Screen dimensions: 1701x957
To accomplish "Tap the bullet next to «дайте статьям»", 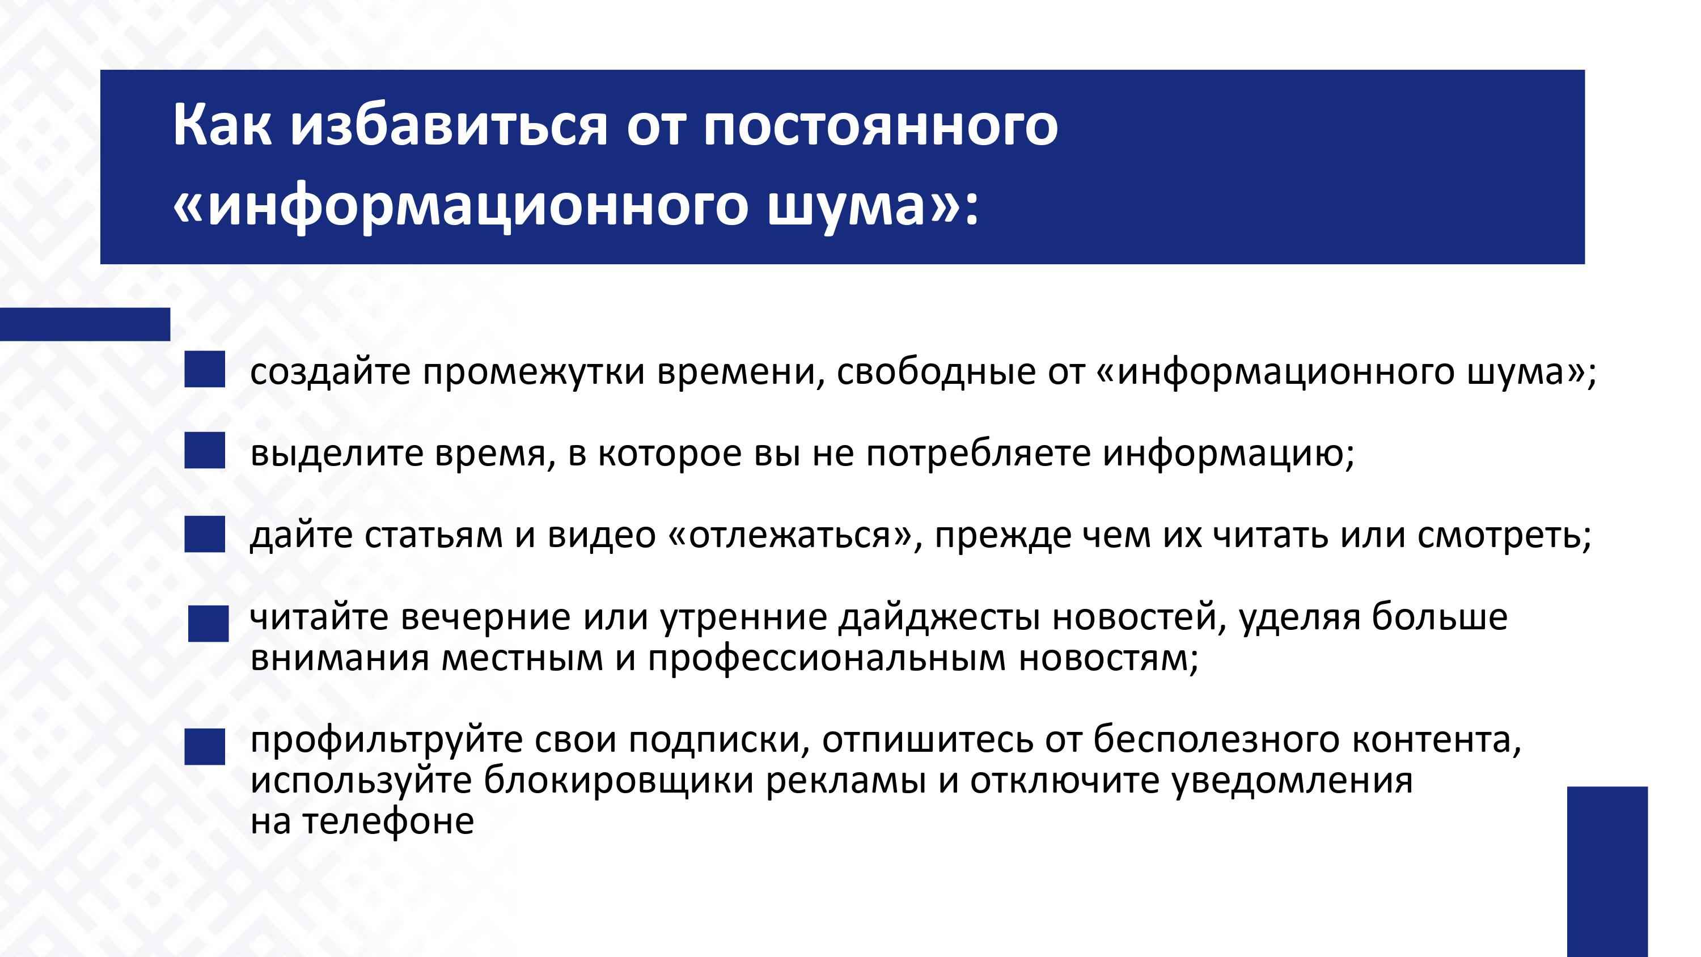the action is coord(205,534).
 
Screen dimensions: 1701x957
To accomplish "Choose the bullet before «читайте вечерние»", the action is coord(208,624).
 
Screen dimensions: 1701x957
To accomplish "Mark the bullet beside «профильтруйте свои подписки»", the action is coord(205,747).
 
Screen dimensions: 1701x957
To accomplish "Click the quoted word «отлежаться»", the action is coord(789,536).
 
